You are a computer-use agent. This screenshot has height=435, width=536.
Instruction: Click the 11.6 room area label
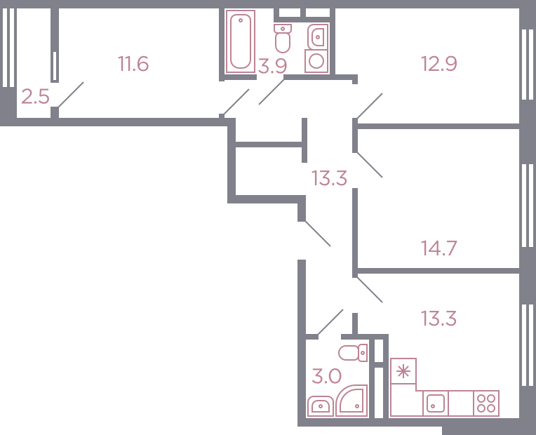133,64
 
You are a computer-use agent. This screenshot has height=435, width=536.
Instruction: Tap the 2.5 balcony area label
35,96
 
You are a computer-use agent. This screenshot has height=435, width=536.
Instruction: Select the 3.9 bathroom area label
272,66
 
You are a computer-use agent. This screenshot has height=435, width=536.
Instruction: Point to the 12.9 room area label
439,64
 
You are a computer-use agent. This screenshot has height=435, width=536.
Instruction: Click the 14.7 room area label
439,248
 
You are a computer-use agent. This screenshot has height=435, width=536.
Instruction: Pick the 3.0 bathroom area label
326,376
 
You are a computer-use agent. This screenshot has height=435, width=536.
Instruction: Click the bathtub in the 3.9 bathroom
241,41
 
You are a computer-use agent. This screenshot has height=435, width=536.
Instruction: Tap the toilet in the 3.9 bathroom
283,39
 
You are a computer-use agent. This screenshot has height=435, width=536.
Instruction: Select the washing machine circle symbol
316,61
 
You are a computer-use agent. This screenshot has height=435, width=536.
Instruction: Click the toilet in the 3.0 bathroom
353,353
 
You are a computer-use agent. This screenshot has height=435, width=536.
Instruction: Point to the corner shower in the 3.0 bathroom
352,401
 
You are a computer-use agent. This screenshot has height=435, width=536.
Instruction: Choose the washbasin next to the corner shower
321,406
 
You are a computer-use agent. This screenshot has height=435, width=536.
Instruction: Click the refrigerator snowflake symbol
403,371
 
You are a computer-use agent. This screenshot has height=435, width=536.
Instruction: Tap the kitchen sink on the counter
436,403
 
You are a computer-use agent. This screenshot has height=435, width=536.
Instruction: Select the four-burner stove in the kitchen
486,403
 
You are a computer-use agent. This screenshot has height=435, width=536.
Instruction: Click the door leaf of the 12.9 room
370,106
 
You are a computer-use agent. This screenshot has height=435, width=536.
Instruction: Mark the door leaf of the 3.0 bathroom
330,322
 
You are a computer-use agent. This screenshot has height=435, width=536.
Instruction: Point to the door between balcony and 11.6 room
71,95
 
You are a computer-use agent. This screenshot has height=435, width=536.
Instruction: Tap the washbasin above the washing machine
318,36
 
